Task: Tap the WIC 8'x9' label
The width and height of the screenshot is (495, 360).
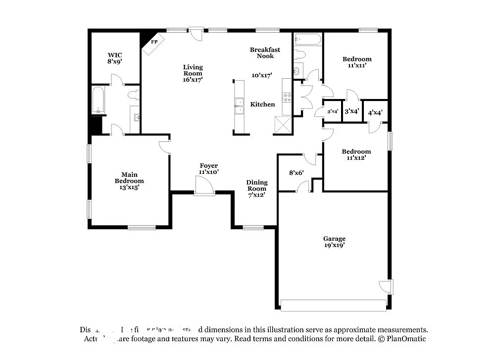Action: pyautogui.click(x=115, y=58)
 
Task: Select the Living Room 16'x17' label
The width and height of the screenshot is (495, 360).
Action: pyautogui.click(x=193, y=73)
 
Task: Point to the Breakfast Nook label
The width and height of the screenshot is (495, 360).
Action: pyautogui.click(x=265, y=52)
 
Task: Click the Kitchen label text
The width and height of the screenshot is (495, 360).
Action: pyautogui.click(x=262, y=104)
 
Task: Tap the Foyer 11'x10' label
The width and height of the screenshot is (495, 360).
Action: pyautogui.click(x=208, y=169)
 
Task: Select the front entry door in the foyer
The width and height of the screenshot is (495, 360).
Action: pyautogui.click(x=204, y=187)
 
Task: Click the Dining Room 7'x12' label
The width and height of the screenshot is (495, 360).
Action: pyautogui.click(x=256, y=189)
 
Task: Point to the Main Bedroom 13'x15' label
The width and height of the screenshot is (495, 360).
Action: pyautogui.click(x=129, y=181)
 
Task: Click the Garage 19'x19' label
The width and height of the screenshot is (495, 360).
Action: pyautogui.click(x=335, y=242)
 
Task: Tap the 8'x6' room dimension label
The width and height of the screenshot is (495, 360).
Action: pyautogui.click(x=296, y=173)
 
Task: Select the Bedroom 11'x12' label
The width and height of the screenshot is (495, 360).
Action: pyautogui.click(x=356, y=155)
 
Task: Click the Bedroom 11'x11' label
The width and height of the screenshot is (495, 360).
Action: pyautogui.click(x=357, y=62)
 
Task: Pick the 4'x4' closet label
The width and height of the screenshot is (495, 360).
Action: pyautogui.click(x=375, y=112)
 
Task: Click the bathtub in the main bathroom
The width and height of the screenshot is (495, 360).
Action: pyautogui.click(x=98, y=101)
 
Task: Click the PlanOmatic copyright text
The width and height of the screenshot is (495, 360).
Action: pyautogui.click(x=402, y=339)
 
